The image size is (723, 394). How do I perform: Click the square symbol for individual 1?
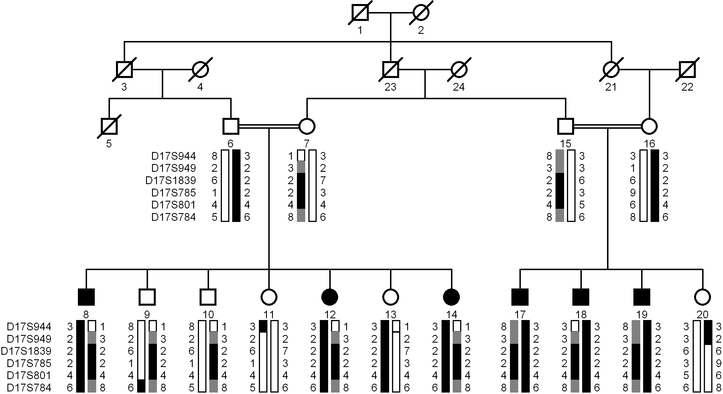[x=360, y=13]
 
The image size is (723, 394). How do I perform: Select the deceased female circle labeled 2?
[x=421, y=13]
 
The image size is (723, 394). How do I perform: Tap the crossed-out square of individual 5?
[x=109, y=126]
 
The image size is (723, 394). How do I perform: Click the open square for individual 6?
[x=231, y=126]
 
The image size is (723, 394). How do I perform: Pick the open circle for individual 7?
[x=307, y=126]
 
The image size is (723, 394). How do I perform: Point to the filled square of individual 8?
[x=86, y=297]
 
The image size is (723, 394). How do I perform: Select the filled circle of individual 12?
[x=330, y=297]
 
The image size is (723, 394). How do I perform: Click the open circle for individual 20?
[x=703, y=297]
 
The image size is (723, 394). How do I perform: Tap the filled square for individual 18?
[x=581, y=297]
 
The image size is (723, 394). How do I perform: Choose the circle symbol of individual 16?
[x=649, y=126]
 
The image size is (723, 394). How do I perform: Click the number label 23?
[x=390, y=87]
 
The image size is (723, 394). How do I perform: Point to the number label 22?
[x=687, y=87]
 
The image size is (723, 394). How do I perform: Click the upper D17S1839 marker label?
[x=171, y=180]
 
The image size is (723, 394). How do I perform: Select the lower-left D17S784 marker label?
[x=29, y=388]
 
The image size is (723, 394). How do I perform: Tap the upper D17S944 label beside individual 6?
[x=174, y=156]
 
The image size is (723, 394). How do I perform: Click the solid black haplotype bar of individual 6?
[x=236, y=186]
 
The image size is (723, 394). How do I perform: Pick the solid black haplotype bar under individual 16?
[x=655, y=186]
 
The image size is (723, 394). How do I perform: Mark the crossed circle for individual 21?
[x=611, y=69]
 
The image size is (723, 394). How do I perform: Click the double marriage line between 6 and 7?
[x=269, y=126]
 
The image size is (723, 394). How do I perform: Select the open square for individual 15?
[x=566, y=126]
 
